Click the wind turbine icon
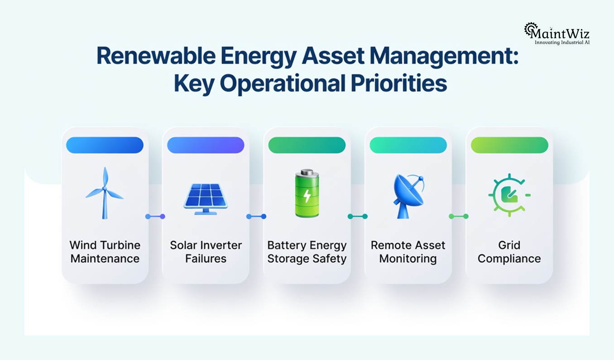click(105, 193)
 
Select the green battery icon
click(307, 193)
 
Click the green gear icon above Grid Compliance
click(509, 194)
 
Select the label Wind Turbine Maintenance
click(105, 252)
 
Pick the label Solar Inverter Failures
click(206, 252)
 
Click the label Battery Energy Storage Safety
click(307, 252)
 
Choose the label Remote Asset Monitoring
click(408, 252)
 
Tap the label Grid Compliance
click(509, 252)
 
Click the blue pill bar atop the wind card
click(105, 145)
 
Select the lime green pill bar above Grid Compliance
click(509, 145)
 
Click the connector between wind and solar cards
click(155, 216)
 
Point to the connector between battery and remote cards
click(358, 216)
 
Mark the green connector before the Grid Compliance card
click(459, 216)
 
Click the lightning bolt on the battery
click(307, 196)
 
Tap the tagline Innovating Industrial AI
click(562, 42)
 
